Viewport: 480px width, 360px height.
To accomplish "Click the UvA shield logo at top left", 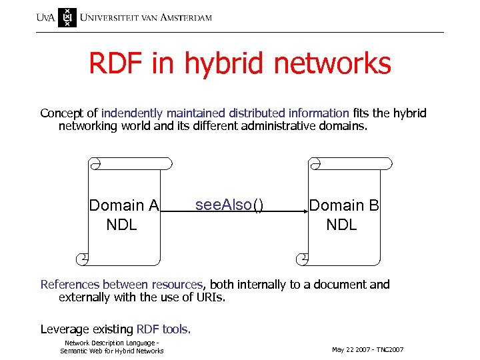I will pyautogui.click(x=67, y=17).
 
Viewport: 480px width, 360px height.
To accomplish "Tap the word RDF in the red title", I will pyautogui.click(x=114, y=64).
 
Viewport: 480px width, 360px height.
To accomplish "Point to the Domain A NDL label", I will pyautogui.click(x=123, y=215).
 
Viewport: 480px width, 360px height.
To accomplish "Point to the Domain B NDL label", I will pyautogui.click(x=343, y=215).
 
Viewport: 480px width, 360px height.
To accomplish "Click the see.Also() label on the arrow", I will pyautogui.click(x=229, y=205).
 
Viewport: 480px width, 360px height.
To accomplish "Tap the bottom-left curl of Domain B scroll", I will pyautogui.click(x=303, y=257).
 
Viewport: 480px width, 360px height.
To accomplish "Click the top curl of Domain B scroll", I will pyautogui.click(x=315, y=163).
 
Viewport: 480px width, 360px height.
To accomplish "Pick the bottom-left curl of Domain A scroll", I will pyautogui.click(x=83, y=257).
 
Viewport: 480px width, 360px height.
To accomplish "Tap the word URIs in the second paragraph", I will pyautogui.click(x=211, y=297).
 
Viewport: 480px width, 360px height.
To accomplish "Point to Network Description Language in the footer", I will pyautogui.click(x=111, y=343).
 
